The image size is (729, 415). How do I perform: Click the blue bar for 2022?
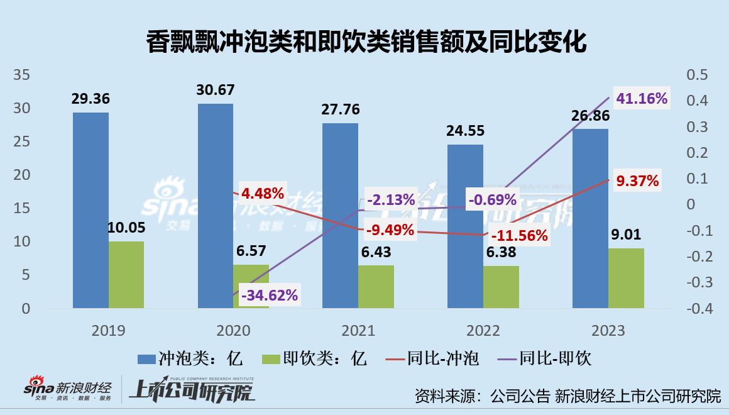click(x=465, y=226)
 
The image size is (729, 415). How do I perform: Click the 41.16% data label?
click(x=641, y=99)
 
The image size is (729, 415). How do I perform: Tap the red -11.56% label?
click(x=520, y=236)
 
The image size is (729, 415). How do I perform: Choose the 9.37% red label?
click(x=637, y=181)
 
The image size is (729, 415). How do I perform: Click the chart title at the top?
click(x=366, y=42)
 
